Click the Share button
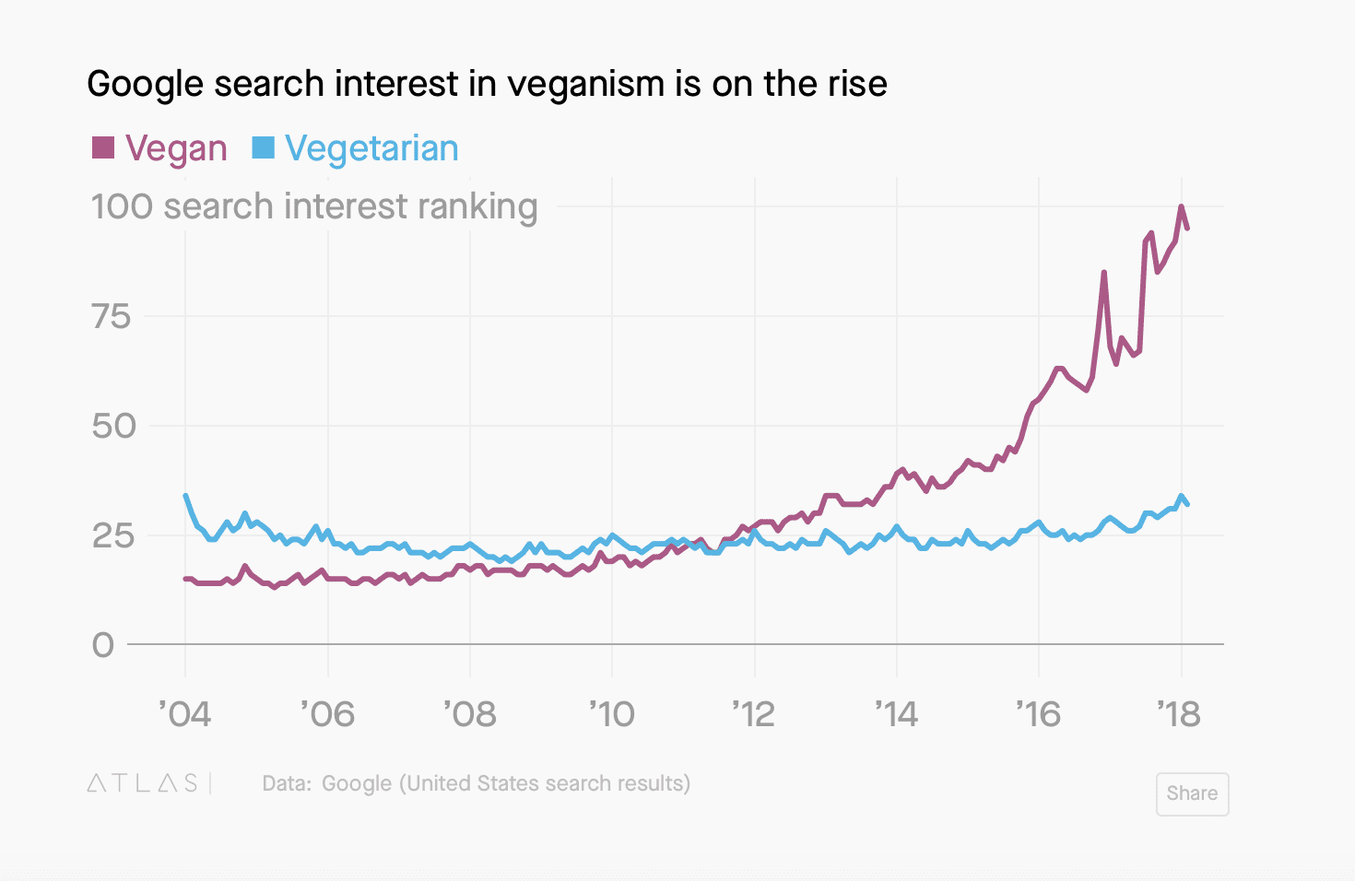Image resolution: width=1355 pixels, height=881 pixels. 1192,793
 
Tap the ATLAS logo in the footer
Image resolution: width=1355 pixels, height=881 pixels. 143,783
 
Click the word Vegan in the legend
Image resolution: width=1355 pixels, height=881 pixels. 176,148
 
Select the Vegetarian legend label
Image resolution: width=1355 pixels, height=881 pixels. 371,148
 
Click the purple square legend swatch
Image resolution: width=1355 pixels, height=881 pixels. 103,147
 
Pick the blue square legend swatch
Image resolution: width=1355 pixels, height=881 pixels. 264,147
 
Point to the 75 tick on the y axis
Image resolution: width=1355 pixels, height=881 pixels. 112,317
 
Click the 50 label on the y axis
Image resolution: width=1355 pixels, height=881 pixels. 113,426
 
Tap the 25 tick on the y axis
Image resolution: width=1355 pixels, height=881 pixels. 113,535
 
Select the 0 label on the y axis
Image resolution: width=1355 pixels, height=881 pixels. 103,645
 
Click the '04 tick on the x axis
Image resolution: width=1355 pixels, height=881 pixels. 185,714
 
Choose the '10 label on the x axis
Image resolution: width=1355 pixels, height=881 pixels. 612,714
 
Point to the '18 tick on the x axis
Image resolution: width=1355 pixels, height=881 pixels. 1179,714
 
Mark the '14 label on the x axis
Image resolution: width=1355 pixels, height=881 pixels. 896,714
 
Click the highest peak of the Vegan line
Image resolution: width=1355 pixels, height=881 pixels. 1181,206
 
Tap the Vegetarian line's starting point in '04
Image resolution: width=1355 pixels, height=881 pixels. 186,496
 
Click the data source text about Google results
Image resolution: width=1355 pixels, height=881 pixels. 477,783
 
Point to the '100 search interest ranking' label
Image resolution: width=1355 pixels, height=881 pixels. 313,206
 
